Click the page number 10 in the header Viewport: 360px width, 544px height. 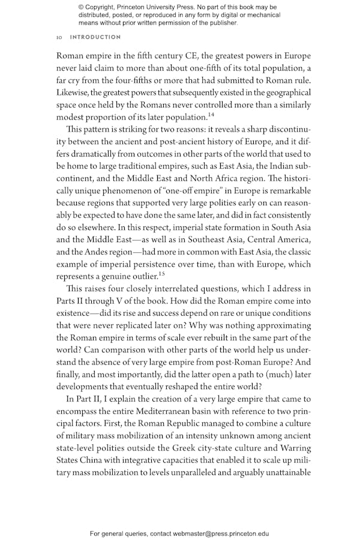(x=59, y=37)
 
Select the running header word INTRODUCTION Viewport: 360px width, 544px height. (x=95, y=37)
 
